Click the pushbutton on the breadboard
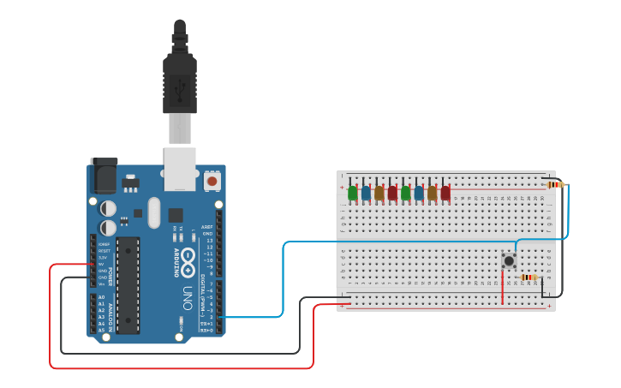(509, 260)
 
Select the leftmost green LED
(352, 193)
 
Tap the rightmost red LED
(445, 193)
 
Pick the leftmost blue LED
(366, 193)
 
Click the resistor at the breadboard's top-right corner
(556, 184)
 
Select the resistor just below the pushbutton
(528, 277)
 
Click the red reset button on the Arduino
(212, 181)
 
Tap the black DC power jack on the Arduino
(104, 177)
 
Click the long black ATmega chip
(128, 285)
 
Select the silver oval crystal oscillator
(154, 212)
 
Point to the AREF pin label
(206, 227)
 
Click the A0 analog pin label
(101, 297)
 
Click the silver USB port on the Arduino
(180, 168)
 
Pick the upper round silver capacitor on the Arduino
(108, 208)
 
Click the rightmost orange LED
(432, 193)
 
